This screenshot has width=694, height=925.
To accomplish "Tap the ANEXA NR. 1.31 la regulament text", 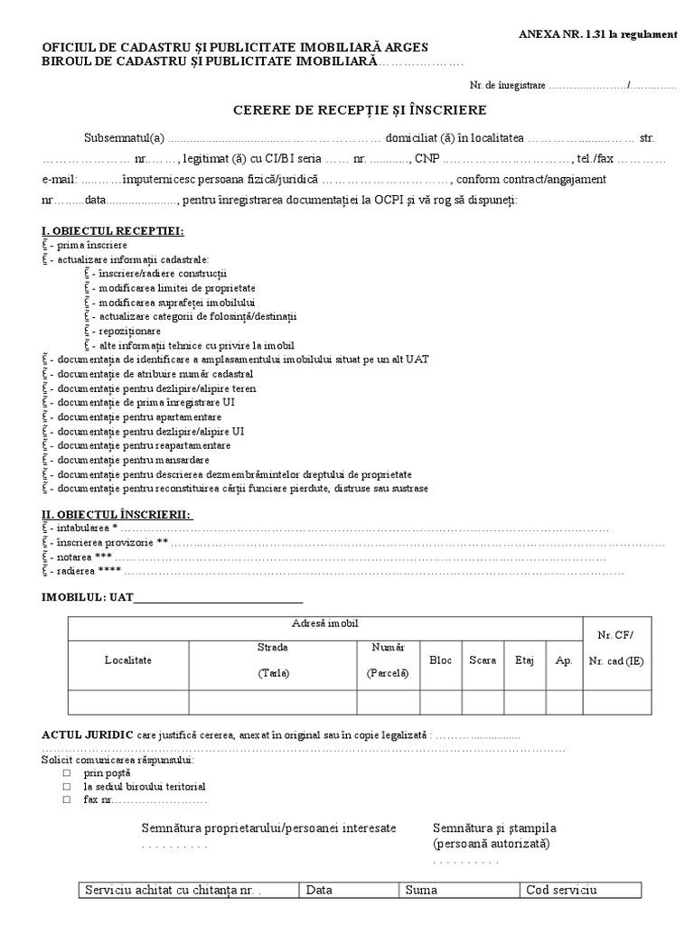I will click(x=597, y=34).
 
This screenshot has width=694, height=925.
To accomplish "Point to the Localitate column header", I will click(x=128, y=660).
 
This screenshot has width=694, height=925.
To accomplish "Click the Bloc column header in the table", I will click(x=441, y=660).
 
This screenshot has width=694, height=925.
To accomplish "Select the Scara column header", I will click(x=483, y=660).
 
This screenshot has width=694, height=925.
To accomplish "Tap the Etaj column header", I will click(x=525, y=660).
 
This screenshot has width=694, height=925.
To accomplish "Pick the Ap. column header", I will click(x=565, y=660).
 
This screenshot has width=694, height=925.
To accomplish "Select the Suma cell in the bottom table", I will click(x=460, y=890).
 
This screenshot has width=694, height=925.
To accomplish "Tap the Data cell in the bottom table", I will click(x=349, y=890).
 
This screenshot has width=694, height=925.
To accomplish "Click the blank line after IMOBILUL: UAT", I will click(x=218, y=598).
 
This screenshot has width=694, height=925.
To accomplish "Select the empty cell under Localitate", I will click(x=128, y=702).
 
